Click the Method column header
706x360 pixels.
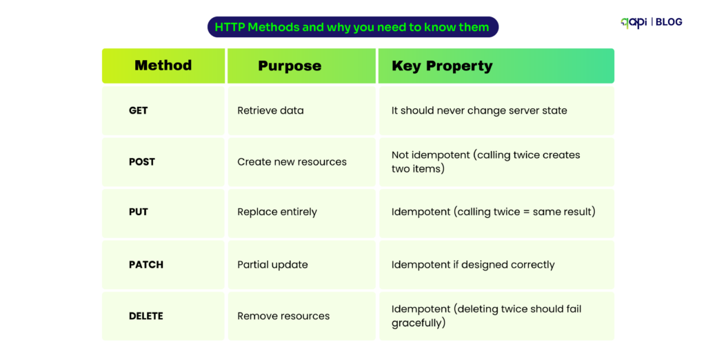tap(163, 66)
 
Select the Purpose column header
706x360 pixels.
tap(290, 66)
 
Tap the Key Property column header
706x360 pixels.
tap(442, 66)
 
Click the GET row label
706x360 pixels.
tap(138, 110)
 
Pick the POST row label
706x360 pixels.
tap(142, 161)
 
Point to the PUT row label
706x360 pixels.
tap(138, 212)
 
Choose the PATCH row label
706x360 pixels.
tap(146, 264)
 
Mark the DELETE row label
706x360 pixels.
tap(146, 316)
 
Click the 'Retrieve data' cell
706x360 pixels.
tap(270, 110)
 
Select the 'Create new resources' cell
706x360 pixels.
tap(292, 161)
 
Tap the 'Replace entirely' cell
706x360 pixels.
tap(277, 212)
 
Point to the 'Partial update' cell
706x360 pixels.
tap(272, 264)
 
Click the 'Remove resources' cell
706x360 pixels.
tap(283, 316)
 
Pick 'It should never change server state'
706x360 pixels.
tap(479, 110)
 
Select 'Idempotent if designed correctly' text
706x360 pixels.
tap(473, 264)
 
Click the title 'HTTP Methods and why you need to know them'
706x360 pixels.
tap(352, 28)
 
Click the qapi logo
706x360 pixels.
tap(634, 22)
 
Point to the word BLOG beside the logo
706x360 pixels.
tap(669, 22)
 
